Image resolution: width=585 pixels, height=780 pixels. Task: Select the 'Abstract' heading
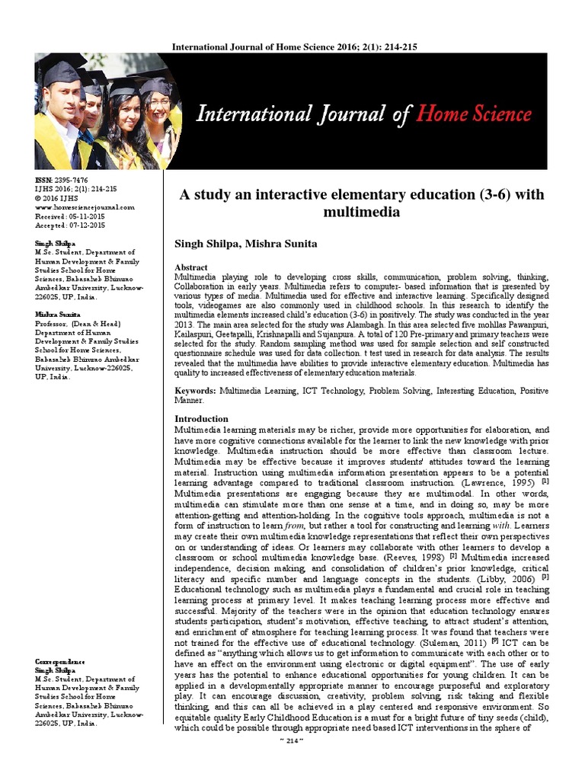191,268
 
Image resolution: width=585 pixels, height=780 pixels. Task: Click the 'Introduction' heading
201,419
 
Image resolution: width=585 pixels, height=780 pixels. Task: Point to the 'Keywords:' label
195,391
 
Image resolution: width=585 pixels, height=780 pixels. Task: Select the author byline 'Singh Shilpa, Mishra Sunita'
245,244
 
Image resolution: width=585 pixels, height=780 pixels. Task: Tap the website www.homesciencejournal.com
85,207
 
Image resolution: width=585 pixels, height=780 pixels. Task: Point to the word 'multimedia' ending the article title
361,212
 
